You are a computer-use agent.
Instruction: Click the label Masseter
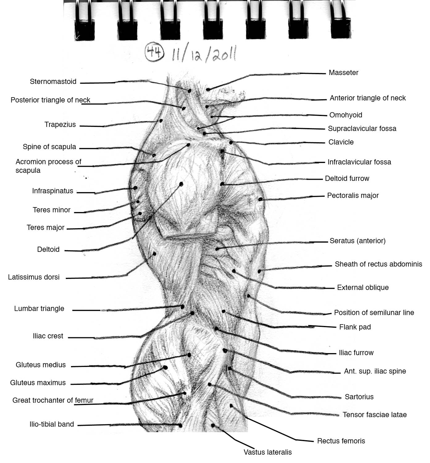343,73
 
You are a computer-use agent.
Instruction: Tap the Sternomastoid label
53,82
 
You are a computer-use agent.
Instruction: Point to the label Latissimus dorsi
34,277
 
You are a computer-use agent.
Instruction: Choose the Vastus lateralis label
267,452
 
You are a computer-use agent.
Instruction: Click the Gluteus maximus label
38,383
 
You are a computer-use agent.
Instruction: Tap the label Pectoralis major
353,195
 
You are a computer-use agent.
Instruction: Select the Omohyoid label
345,115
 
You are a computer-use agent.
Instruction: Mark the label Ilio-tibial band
52,424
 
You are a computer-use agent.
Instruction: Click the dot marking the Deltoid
181,184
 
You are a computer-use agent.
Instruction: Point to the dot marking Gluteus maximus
165,368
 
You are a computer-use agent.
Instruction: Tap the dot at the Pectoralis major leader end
260,199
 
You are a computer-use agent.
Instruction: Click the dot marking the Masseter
208,90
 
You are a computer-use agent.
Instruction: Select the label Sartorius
359,397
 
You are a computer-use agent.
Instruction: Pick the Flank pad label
355,327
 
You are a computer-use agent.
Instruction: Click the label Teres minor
52,210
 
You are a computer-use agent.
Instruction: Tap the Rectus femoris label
341,441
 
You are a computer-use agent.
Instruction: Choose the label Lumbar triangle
39,309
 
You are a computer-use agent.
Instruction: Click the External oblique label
362,288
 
